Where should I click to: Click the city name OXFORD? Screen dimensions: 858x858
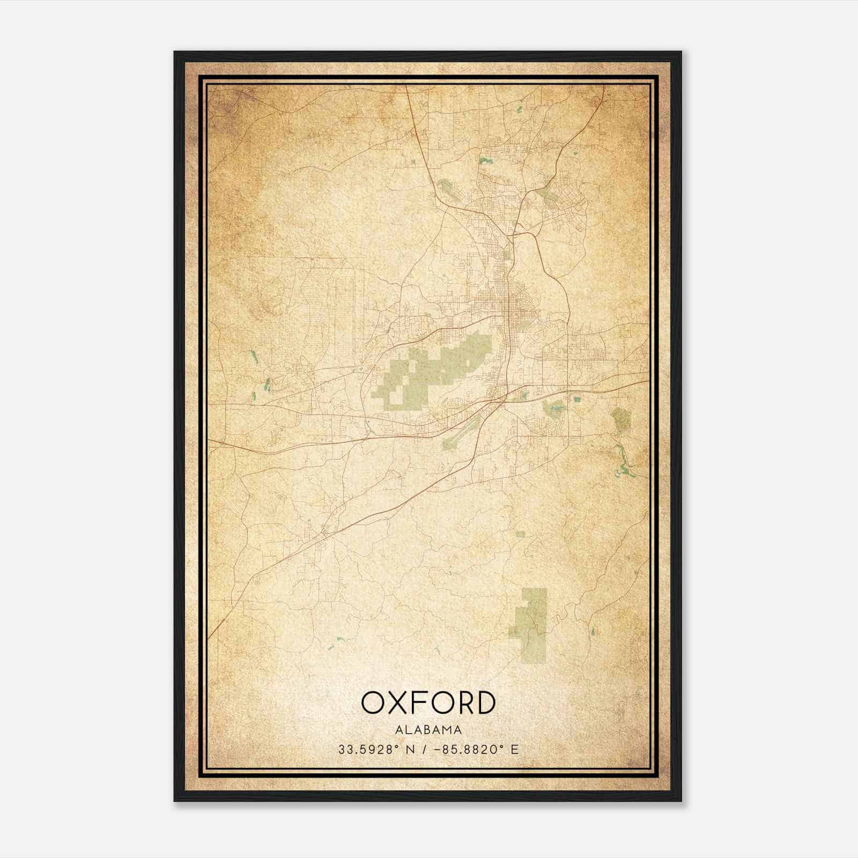(428, 702)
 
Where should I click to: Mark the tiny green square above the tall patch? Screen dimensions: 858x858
(520, 534)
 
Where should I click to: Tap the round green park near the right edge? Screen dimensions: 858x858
(622, 420)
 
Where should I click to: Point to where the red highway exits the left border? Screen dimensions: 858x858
(210, 441)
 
